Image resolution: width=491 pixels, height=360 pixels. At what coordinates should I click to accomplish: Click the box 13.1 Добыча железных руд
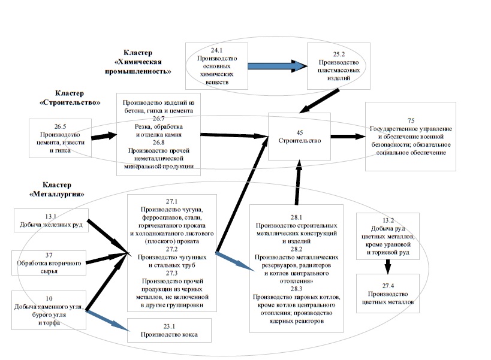point(51,222)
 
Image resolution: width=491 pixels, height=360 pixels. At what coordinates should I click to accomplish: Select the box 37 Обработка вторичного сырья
point(51,261)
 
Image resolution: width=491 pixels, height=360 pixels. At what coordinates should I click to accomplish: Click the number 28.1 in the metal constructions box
point(296,218)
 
